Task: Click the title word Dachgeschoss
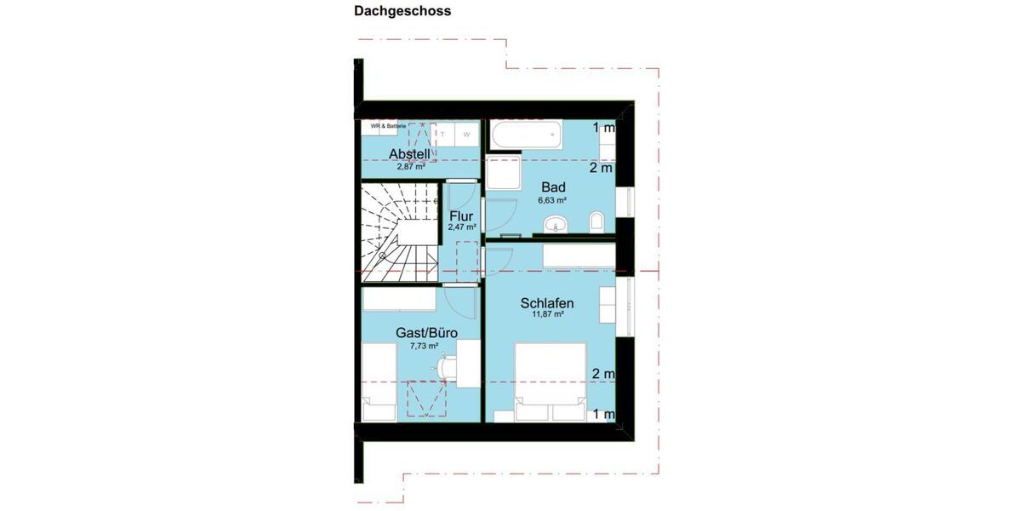[x=402, y=11]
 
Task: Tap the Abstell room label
[x=409, y=153]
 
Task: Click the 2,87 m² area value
[x=410, y=167]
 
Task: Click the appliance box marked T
[x=443, y=135]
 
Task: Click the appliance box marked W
[x=466, y=135]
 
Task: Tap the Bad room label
[x=553, y=187]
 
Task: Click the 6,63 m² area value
[x=552, y=201]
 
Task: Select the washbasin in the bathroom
[x=557, y=225]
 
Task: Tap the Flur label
[x=461, y=216]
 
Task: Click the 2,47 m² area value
[x=461, y=228]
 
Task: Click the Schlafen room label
[x=547, y=302]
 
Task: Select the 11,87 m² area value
[x=547, y=314]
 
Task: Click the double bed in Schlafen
[x=550, y=382]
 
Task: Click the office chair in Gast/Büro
[x=447, y=367]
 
